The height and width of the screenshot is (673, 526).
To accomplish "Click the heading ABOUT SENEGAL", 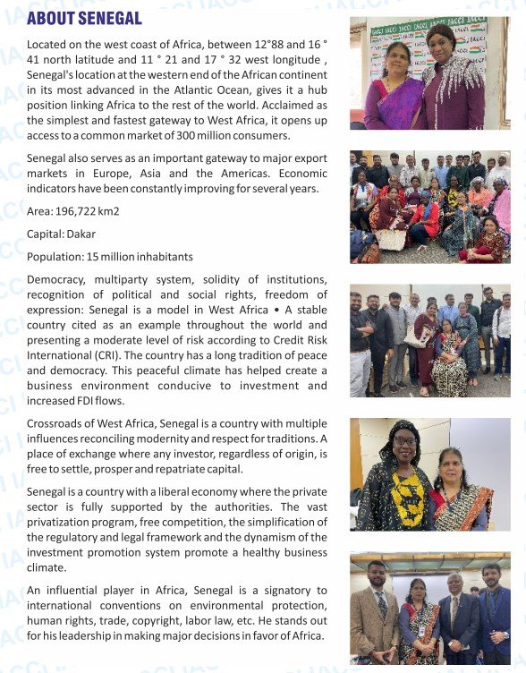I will [84, 18].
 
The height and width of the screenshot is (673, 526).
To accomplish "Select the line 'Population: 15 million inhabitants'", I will [109, 257].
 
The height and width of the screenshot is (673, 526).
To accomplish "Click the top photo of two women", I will [430, 72].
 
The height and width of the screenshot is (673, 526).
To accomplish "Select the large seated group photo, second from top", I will [430, 207].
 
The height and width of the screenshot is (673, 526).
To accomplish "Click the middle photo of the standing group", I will [430, 340].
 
